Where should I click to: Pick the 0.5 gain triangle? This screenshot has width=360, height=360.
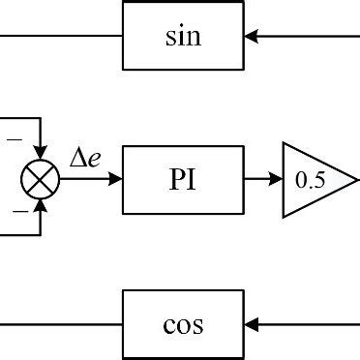point(308,180)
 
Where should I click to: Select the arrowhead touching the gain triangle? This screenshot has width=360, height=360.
point(275,180)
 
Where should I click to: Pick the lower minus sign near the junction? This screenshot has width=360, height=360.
point(17,209)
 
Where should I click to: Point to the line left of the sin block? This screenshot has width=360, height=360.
point(58,37)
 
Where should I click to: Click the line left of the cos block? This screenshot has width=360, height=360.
point(58,323)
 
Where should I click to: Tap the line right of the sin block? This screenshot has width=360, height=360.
point(310,37)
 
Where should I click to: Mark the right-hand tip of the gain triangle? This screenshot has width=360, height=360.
point(344,180)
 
